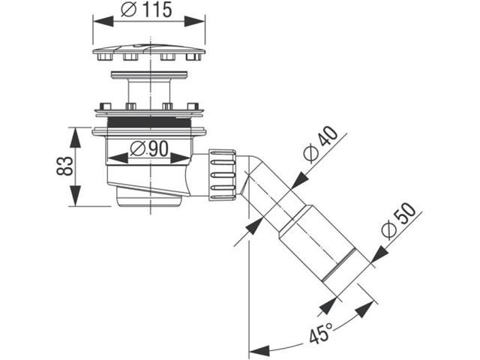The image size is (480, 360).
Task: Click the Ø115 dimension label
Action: [148, 10]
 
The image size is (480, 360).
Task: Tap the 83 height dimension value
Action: [65, 166]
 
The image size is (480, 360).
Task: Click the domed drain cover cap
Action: [148, 53]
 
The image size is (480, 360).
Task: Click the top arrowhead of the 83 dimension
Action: [76, 132]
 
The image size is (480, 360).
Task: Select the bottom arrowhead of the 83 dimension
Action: [76, 201]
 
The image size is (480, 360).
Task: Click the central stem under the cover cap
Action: [148, 90]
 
